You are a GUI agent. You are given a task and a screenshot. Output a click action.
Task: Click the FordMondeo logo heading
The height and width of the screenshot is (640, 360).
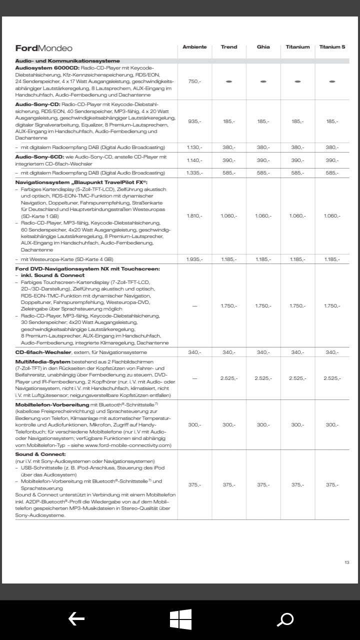[x=44, y=48]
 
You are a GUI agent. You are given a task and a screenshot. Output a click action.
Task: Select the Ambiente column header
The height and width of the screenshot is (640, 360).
[x=194, y=47]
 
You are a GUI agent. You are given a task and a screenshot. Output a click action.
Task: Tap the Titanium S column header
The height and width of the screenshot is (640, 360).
[x=332, y=47]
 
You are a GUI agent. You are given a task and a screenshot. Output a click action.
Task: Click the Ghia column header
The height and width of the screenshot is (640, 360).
[x=263, y=47]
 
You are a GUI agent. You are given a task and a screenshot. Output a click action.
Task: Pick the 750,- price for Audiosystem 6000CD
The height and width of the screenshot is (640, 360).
[x=194, y=81]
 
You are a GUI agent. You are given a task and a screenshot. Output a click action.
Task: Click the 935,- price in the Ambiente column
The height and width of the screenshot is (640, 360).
[x=194, y=121]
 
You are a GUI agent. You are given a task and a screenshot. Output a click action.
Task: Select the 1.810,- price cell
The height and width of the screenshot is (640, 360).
[x=194, y=215]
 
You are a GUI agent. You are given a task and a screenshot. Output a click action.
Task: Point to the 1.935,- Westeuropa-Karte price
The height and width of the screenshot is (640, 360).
[x=194, y=259]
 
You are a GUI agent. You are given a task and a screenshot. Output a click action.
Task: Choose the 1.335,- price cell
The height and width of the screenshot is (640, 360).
[x=194, y=172]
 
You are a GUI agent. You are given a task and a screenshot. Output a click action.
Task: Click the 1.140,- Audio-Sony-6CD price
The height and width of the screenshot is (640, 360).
[x=194, y=160]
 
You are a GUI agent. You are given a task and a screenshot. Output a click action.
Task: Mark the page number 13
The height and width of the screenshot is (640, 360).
[x=347, y=562]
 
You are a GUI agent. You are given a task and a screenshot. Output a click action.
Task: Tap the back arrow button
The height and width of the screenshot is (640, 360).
[x=76, y=619]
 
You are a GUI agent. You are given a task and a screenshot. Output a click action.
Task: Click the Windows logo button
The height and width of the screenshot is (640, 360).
[x=180, y=619]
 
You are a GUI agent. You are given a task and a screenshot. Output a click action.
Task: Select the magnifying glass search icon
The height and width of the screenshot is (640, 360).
[x=285, y=619]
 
